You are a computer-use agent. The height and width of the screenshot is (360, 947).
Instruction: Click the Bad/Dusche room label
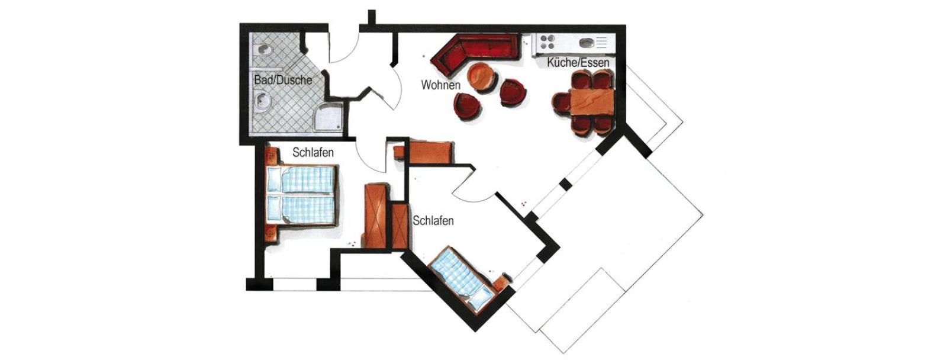point(283,80)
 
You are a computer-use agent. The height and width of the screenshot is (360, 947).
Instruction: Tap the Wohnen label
point(440,85)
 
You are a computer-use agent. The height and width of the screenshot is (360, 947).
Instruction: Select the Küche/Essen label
point(578,63)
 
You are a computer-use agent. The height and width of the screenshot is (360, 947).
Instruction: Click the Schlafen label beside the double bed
point(313,152)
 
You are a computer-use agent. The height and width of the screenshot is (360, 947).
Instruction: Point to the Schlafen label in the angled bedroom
point(433,221)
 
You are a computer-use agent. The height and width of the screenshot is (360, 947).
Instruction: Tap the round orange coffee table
point(481,78)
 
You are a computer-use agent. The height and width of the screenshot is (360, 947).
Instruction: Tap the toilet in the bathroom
point(264,50)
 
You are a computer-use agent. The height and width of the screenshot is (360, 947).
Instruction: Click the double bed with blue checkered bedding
point(302,195)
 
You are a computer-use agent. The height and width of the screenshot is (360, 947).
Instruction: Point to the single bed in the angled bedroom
point(462,279)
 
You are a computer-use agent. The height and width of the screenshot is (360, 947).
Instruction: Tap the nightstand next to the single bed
point(502,282)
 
